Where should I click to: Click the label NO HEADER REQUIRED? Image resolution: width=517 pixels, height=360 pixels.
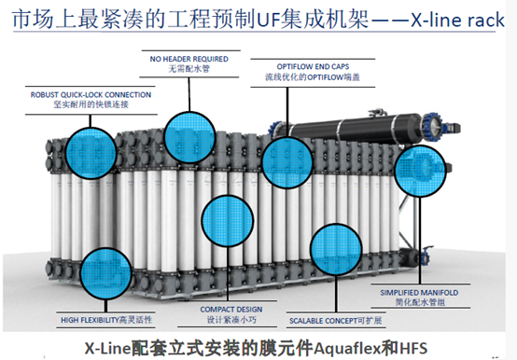click(189, 59)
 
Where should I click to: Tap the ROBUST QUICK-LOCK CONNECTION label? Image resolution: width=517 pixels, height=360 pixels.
click(91, 95)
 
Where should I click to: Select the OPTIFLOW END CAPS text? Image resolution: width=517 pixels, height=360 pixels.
click(313, 67)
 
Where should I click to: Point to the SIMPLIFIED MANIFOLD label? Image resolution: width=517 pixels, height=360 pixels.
click(419, 293)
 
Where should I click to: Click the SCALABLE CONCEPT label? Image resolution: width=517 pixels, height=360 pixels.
click(324, 321)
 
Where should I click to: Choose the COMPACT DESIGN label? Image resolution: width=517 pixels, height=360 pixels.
click(231, 310)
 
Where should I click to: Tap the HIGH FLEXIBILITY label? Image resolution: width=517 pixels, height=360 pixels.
click(90, 320)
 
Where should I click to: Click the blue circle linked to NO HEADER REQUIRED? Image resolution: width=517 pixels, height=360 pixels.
click(189, 137)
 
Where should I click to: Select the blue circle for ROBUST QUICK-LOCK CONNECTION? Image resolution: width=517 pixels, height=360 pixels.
click(91, 154)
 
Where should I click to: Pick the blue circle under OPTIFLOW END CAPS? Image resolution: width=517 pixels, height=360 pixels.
click(287, 162)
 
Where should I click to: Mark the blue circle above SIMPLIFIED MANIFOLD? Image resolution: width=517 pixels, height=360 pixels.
click(420, 171)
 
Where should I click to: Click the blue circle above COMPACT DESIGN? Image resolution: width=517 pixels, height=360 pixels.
click(227, 221)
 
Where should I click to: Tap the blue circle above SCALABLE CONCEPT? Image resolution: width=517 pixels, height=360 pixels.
click(336, 249)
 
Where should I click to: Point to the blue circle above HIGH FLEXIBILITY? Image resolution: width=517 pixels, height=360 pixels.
click(105, 273)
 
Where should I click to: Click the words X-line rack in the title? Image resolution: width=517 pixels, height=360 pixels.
click(457, 21)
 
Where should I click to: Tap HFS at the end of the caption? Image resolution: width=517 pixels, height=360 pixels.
click(413, 348)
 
